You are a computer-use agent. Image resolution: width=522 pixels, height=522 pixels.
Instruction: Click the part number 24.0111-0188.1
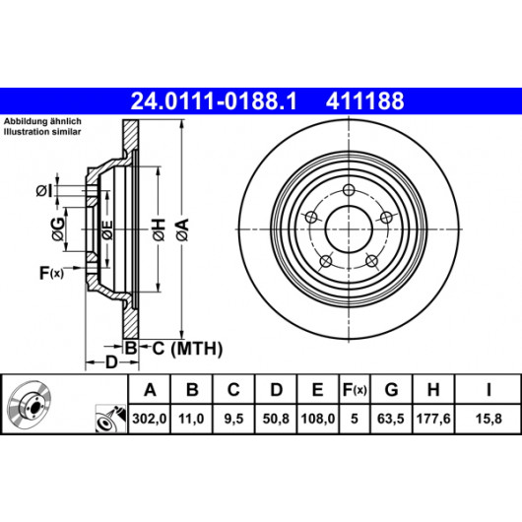click(214, 101)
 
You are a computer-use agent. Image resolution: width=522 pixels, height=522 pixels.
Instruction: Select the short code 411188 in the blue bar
click(364, 101)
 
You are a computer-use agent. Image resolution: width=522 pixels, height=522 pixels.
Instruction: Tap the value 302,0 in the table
click(149, 419)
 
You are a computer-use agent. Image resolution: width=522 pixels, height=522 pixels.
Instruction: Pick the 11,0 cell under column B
click(191, 419)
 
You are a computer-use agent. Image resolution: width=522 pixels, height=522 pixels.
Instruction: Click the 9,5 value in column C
click(233, 419)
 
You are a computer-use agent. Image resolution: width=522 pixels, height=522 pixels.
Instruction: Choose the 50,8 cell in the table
click(276, 419)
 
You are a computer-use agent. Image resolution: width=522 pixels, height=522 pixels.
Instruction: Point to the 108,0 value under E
click(318, 419)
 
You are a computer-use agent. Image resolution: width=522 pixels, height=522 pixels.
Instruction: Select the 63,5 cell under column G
click(391, 419)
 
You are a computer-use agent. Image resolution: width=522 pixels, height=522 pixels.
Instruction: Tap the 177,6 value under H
click(433, 419)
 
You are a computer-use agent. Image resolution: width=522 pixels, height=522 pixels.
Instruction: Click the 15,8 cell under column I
click(489, 419)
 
